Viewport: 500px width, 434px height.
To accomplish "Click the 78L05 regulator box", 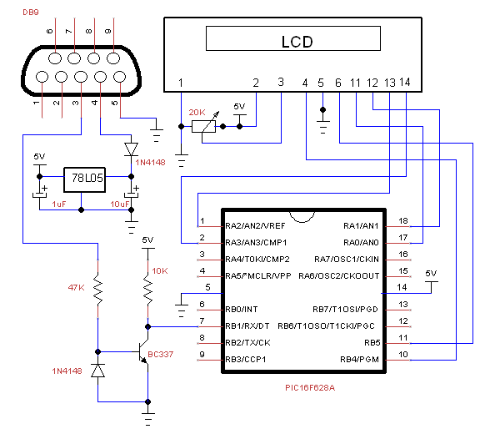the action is pos(84,179).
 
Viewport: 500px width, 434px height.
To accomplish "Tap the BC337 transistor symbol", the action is pos(143,351).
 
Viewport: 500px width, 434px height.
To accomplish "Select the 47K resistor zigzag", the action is pos(97,289).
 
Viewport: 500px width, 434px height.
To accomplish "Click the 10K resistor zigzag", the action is pos(147,289).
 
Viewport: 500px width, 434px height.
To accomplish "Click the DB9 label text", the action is pos(31,13).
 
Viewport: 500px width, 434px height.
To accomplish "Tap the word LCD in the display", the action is pos(297,42).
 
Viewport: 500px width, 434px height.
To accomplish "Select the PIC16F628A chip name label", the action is pos(310,388).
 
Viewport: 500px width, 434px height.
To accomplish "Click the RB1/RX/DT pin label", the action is pos(247,326).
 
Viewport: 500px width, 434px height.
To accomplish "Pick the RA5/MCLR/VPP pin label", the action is pos(258,276).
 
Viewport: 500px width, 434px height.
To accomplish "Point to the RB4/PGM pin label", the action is pos(360,359).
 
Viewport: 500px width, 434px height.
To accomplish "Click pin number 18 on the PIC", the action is pos(403,220).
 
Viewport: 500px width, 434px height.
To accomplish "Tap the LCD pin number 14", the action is pos(405,83).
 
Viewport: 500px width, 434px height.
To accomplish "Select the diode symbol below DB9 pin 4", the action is pos(131,149).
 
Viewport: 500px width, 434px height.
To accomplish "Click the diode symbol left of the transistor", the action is pos(97,371).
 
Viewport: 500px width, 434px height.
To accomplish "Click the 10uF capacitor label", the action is pos(120,204).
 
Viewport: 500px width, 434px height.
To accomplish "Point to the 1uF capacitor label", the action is pos(59,204).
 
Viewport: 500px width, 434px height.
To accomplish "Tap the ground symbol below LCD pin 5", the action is pos(322,127).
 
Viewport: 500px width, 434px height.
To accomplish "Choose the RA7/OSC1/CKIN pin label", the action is pos(347,259).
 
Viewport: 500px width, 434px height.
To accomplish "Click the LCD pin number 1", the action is pos(181,83).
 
